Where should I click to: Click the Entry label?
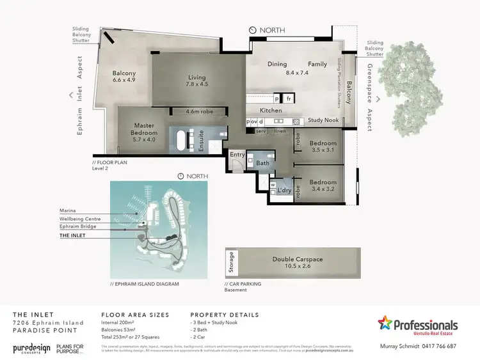(x=237, y=154)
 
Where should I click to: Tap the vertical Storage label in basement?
(x=231, y=262)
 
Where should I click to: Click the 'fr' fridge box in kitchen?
(x=289, y=99)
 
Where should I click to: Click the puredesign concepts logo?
(x=33, y=348)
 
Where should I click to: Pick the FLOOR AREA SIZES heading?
(x=135, y=315)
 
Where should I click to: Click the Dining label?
(x=277, y=64)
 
